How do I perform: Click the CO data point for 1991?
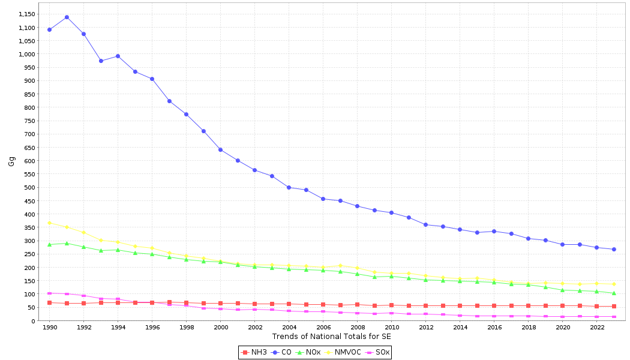point(67,17)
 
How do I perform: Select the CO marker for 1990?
point(49,29)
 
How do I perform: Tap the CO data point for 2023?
point(614,249)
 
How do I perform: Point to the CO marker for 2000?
point(220,149)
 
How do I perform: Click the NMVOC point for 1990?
point(49,223)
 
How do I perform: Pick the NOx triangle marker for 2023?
point(614,293)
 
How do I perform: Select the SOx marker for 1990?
point(49,293)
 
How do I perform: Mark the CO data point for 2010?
point(391,212)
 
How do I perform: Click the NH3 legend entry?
point(254,352)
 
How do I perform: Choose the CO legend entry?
point(281,352)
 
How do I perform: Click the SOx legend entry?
point(377,352)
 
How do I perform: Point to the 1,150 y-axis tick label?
point(27,14)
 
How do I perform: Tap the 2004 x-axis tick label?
point(289,328)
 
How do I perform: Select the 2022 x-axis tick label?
point(597,328)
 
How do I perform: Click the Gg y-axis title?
point(11,161)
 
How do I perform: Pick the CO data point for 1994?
point(118,56)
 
